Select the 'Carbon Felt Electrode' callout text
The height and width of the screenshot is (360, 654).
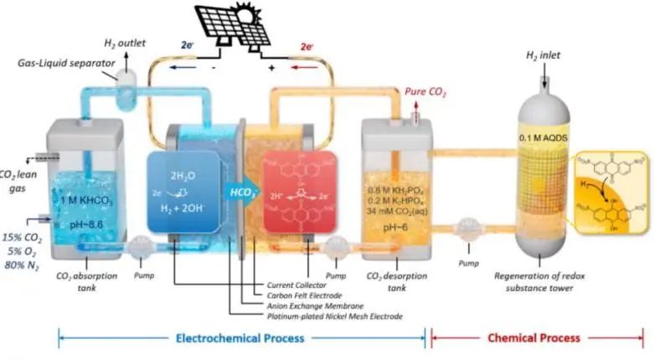coord(302,294)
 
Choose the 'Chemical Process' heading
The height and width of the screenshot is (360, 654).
coord(533,337)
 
